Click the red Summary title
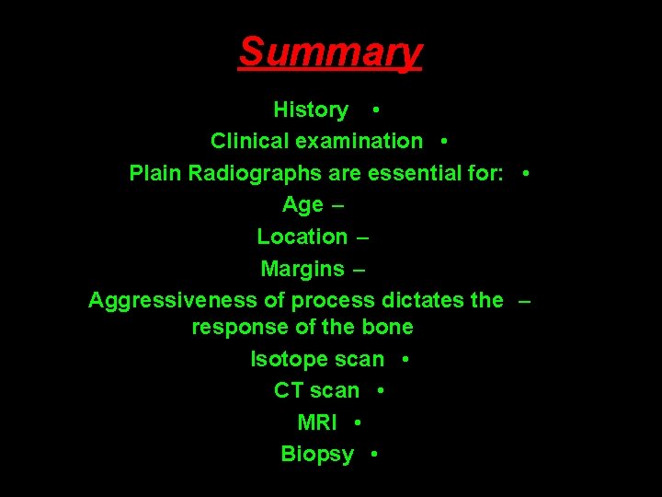(x=330, y=52)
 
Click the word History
(x=311, y=110)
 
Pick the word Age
(x=303, y=205)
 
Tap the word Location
(x=302, y=237)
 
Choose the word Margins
(x=302, y=269)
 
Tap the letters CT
(x=289, y=390)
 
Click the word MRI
(x=317, y=422)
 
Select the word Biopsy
(x=317, y=454)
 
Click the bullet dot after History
(x=376, y=110)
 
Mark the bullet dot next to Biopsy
(x=373, y=454)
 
